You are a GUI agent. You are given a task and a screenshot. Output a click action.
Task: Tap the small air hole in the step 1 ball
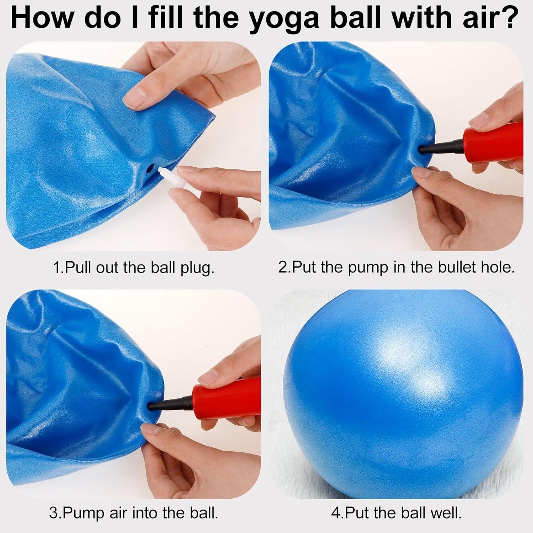tap(151, 166)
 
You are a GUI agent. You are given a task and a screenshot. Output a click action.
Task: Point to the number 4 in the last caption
tap(335, 513)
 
